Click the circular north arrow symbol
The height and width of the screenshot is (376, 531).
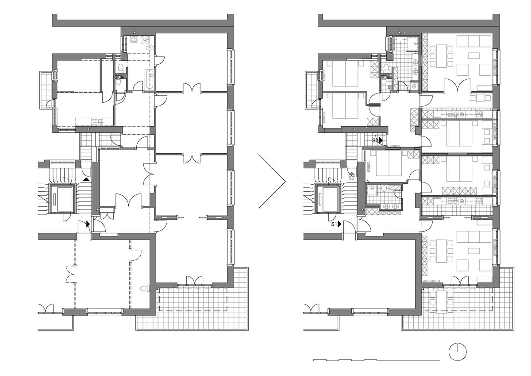coord(458,352)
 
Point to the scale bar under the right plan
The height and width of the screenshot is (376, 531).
coord(377,360)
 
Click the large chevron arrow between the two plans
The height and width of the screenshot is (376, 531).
coord(272,181)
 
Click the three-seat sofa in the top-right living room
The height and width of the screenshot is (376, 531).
coord(473,41)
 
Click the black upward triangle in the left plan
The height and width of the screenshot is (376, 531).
coord(87,179)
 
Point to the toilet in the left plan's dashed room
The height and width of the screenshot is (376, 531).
coord(145,289)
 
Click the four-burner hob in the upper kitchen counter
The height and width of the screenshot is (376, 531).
coord(479,114)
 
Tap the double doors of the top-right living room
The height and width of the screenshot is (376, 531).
coord(457,85)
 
